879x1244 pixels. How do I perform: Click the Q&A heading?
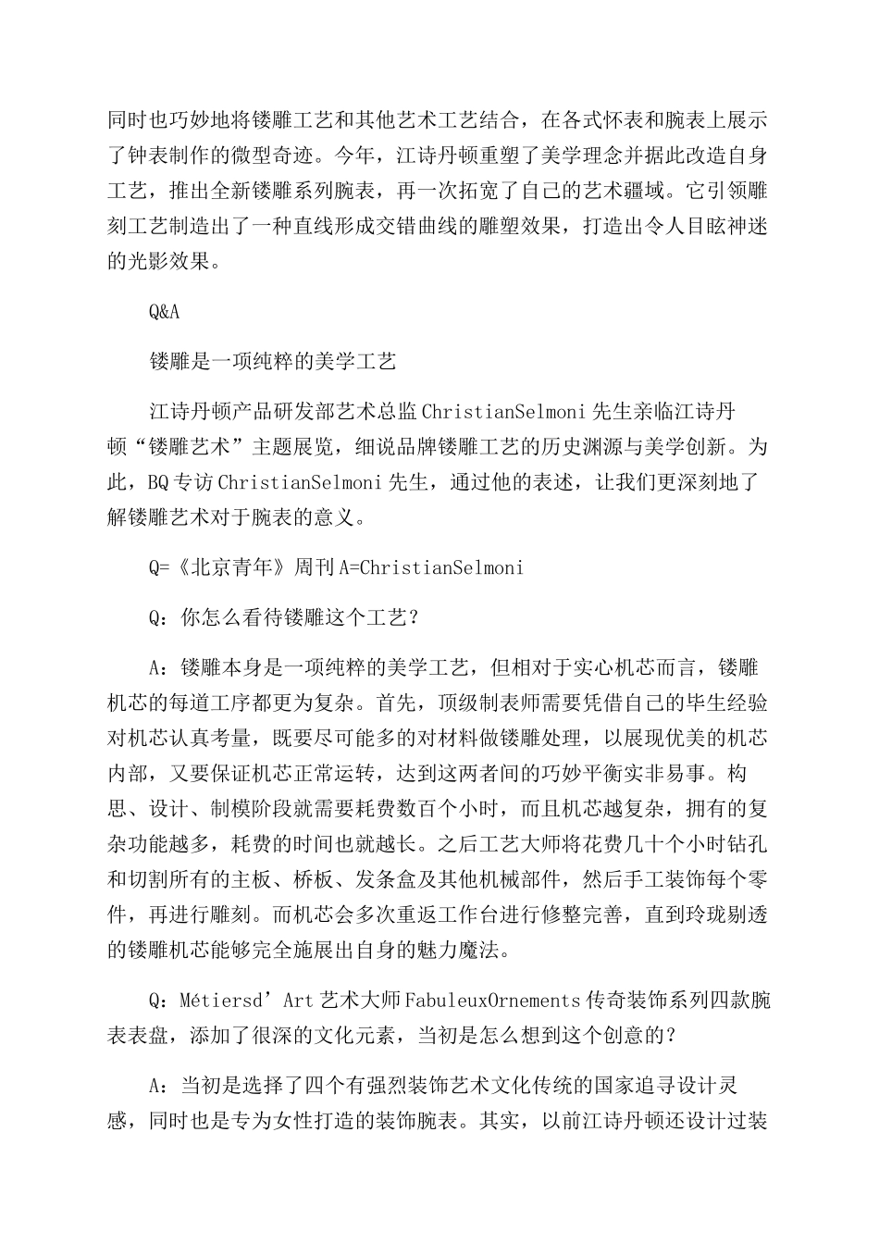(164, 311)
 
